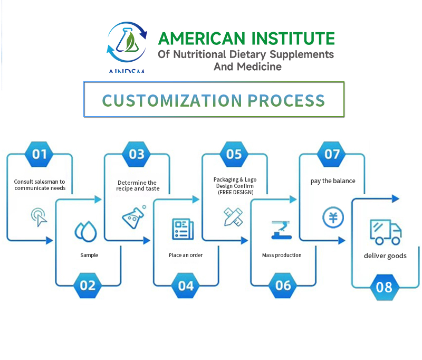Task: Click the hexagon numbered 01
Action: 40,154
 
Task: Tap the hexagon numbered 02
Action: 88,286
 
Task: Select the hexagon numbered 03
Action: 137,154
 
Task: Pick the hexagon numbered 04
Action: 186,286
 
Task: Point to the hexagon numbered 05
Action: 234,154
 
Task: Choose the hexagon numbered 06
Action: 283,286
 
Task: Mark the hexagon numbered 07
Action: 332,154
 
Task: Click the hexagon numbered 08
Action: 385,287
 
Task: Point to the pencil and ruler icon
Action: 233,216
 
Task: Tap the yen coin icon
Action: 333,217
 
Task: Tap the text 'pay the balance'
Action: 333,181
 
